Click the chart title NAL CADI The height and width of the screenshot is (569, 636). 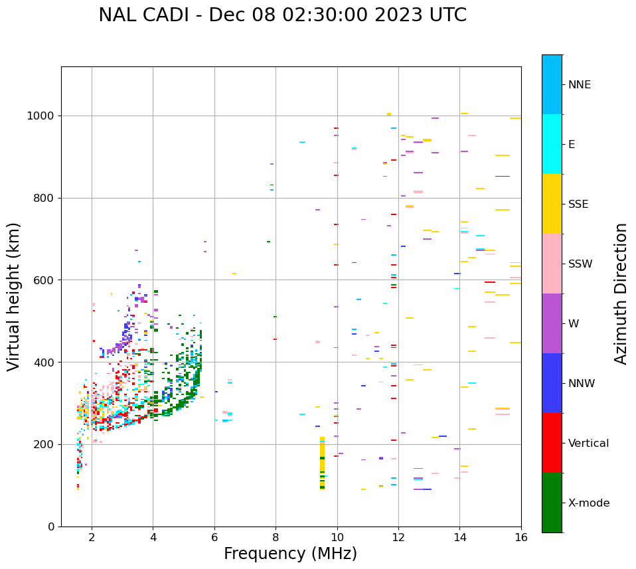[282, 15]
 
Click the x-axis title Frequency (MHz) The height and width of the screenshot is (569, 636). [290, 554]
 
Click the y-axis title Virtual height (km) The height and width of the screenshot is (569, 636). [14, 297]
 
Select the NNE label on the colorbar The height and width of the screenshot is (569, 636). [579, 85]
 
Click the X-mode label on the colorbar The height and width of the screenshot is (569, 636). [588, 503]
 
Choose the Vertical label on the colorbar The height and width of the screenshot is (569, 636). [588, 444]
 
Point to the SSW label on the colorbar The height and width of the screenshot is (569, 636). [580, 264]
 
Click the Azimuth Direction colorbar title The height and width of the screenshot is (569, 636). [621, 293]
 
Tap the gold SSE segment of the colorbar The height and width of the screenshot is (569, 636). [552, 203]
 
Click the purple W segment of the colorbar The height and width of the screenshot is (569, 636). [552, 323]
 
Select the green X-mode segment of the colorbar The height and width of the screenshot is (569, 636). [552, 503]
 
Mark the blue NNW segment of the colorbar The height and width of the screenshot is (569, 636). [552, 383]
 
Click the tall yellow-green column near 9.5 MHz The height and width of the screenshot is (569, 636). [322, 463]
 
